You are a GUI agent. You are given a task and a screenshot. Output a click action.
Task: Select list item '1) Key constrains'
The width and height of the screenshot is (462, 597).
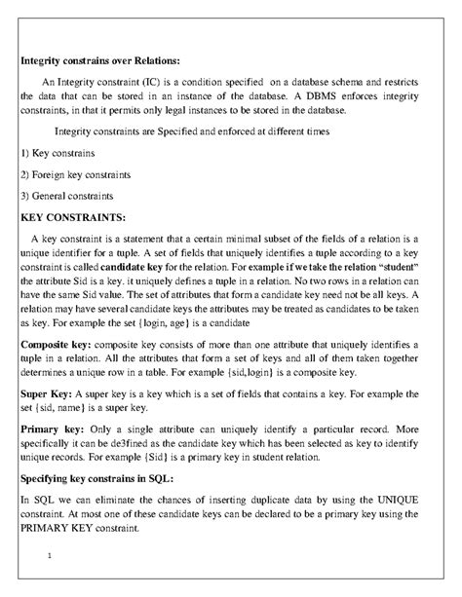[x=60, y=154]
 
